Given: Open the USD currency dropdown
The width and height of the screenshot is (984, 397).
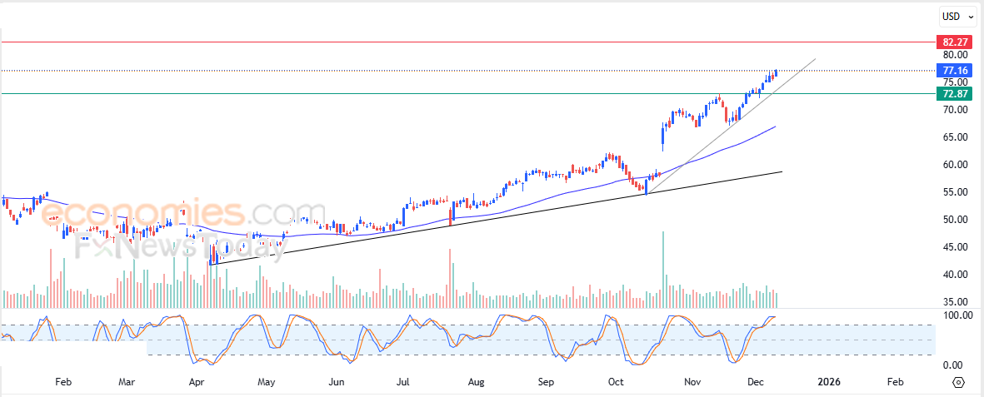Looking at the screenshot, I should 955,16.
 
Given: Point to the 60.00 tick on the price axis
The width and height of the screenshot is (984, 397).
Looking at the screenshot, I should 955,165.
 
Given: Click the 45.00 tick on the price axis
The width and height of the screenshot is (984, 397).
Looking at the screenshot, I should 955,247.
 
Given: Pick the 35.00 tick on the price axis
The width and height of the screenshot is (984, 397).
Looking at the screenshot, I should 955,302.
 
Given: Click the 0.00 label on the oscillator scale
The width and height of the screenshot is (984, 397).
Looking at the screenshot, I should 953,365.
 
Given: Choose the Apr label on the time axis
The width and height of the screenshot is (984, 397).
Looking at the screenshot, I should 197,382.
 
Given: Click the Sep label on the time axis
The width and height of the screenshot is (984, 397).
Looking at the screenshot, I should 546,382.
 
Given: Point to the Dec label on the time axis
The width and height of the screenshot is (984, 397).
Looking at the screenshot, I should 756,382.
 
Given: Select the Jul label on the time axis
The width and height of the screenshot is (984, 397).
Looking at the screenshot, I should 402,382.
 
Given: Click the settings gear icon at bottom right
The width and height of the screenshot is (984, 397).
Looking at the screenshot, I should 958,382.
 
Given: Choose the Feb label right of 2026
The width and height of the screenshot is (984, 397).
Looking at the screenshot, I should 895,382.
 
